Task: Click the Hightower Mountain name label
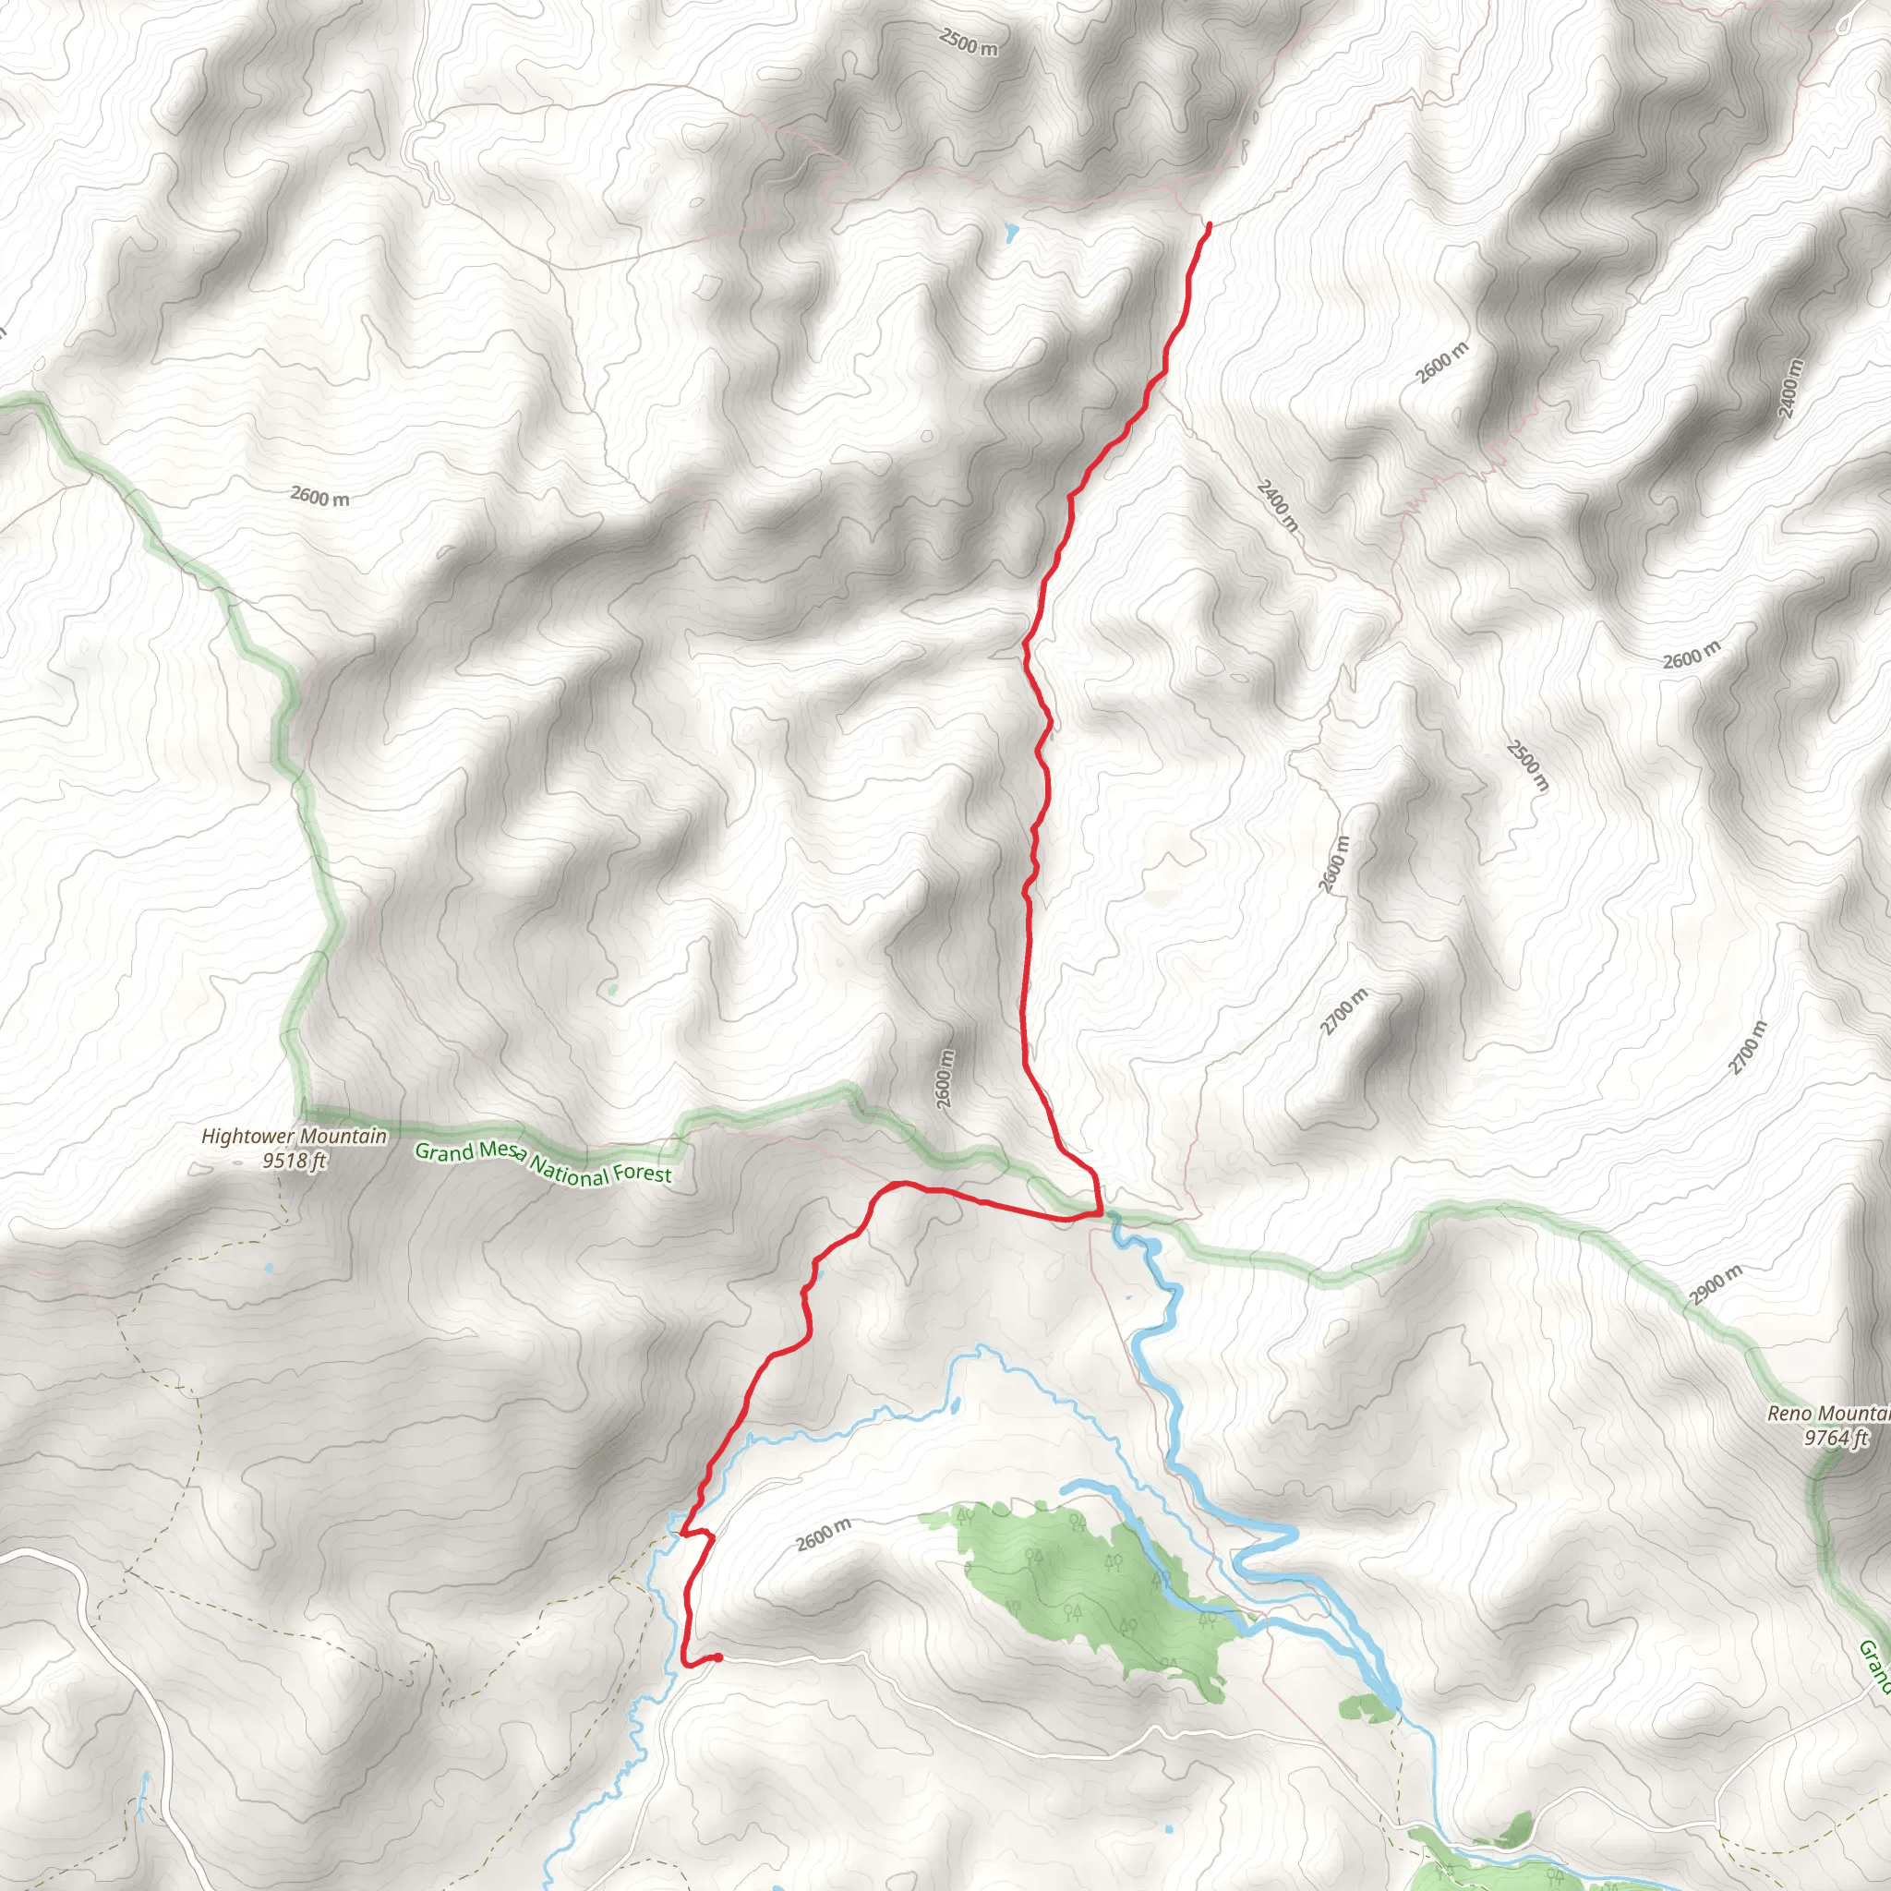pos(294,1137)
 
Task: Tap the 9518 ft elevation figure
pos(294,1161)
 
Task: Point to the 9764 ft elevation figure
pos(1836,1437)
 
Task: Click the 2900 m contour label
pos(1715,1285)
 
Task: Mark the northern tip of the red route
pos(1210,225)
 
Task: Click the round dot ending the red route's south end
pos(718,1657)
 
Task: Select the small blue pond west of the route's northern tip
pos(1010,232)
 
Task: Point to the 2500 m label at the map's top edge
pos(968,42)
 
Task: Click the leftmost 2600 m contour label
pos(319,496)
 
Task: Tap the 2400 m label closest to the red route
pos(1277,505)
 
